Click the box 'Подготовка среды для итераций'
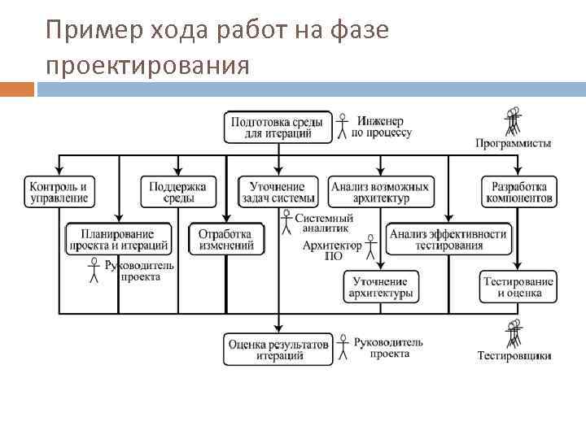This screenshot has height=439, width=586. (x=278, y=128)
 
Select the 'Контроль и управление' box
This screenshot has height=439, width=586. (x=58, y=192)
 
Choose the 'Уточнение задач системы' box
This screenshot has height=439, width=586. (x=278, y=192)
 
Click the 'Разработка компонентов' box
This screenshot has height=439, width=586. (x=518, y=192)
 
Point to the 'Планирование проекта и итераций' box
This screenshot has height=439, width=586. (x=119, y=239)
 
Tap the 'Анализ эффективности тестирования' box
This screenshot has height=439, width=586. (x=448, y=239)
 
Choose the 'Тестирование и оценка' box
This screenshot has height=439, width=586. (x=518, y=287)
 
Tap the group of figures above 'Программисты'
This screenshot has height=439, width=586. (x=513, y=122)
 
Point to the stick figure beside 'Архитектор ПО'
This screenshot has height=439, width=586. (x=371, y=247)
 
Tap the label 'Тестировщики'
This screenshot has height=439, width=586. (x=514, y=355)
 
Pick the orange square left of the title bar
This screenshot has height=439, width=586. (x=17, y=89)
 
